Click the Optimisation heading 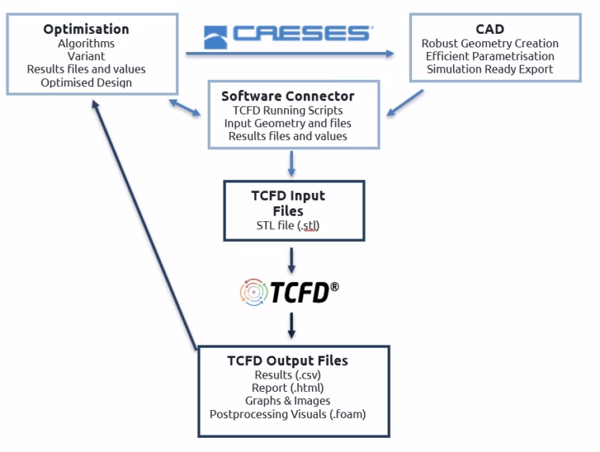click(x=86, y=29)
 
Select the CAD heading click(x=489, y=29)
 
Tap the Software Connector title click(x=287, y=96)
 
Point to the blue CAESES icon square click(x=216, y=37)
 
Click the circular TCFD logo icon click(x=253, y=292)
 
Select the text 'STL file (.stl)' click(x=287, y=226)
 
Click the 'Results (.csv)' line click(x=287, y=375)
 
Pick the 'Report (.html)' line click(x=287, y=388)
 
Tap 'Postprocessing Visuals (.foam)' click(x=287, y=414)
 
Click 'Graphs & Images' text click(x=287, y=401)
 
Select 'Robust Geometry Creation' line click(x=489, y=43)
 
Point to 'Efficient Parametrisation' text click(x=489, y=56)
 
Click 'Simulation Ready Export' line click(x=489, y=70)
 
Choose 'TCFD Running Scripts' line click(x=287, y=111)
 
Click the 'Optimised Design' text click(x=86, y=83)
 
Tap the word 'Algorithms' click(x=86, y=43)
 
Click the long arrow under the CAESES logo click(x=290, y=54)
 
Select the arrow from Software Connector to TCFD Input click(x=291, y=164)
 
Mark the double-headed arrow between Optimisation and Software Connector click(x=185, y=107)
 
